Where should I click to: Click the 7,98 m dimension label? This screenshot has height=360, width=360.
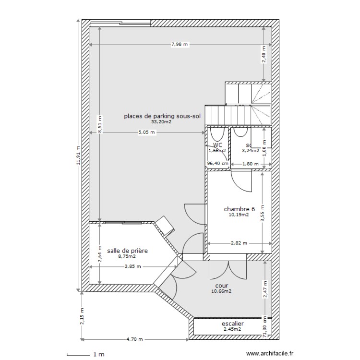click(180, 45)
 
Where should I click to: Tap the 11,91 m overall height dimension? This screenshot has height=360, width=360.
click(79, 155)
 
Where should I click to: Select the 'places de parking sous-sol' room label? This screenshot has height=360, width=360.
click(162, 116)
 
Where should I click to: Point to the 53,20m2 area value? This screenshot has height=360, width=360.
click(161, 122)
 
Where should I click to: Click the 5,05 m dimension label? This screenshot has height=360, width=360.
click(147, 132)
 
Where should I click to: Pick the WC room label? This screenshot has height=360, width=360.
click(217, 145)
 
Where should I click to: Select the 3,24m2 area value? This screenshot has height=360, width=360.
click(251, 150)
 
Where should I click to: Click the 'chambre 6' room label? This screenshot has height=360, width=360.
click(239, 209)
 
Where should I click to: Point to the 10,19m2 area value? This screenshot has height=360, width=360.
click(239, 215)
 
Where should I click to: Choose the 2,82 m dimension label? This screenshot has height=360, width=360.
click(239, 243)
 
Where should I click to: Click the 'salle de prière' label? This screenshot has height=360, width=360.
click(127, 251)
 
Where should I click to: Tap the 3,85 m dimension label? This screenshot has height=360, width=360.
click(132, 266)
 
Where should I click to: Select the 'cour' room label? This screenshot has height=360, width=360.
click(221, 285)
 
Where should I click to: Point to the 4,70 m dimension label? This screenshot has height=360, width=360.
click(135, 339)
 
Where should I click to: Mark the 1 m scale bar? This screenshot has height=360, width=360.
click(84, 355)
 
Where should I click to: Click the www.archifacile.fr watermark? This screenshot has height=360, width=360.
click(269, 354)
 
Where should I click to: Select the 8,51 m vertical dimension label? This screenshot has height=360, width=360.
click(99, 124)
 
